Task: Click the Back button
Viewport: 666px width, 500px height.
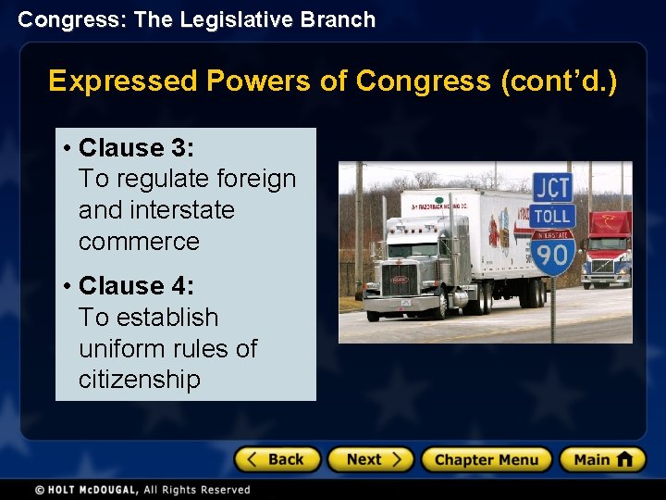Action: pyautogui.click(x=277, y=459)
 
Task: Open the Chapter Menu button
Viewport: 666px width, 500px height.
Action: pyautogui.click(x=486, y=459)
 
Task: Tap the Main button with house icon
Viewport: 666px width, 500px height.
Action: pyautogui.click(x=602, y=459)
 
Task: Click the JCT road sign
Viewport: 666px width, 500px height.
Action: pyautogui.click(x=552, y=186)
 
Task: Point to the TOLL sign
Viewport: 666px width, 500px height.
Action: pyautogui.click(x=552, y=216)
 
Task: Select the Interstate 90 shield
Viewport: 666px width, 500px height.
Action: pyautogui.click(x=552, y=252)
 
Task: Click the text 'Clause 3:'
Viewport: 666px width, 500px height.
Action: pyautogui.click(x=136, y=148)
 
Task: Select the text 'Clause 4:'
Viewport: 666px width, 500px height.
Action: pyautogui.click(x=136, y=286)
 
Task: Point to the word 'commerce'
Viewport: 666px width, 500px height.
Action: pyautogui.click(x=139, y=242)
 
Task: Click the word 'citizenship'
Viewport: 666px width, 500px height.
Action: pyautogui.click(x=139, y=380)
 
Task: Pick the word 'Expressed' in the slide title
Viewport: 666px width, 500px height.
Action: pyautogui.click(x=123, y=81)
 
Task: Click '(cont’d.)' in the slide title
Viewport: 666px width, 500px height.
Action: pyautogui.click(x=558, y=81)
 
